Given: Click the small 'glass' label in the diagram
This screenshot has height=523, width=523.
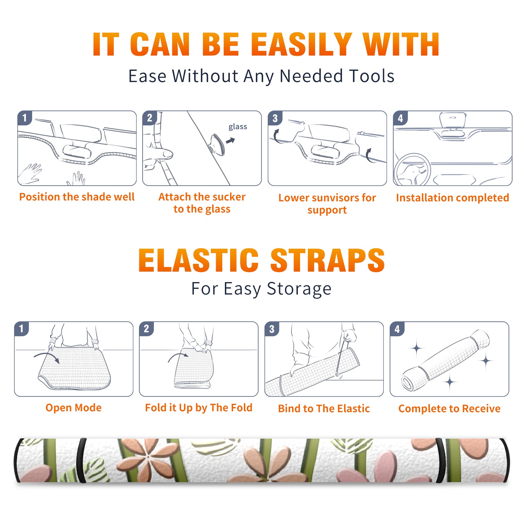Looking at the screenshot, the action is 238,127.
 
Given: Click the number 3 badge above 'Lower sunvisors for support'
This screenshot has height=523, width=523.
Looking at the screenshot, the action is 275,118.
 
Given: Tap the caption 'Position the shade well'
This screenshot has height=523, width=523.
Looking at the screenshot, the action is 77,197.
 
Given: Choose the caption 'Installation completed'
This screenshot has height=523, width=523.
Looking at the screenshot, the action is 452,198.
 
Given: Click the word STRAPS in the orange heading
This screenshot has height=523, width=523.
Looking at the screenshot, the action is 328,260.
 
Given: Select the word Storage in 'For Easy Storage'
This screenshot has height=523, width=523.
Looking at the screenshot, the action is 299,289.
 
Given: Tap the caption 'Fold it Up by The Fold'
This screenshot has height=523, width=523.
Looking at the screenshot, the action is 199,408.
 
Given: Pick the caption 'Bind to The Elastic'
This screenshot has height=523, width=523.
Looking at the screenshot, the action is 324,409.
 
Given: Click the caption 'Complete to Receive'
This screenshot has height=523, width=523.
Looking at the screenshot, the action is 449,409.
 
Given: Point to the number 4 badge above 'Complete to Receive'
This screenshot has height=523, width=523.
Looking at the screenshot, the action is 397,329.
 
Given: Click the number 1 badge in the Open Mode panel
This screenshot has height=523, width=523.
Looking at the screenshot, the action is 22,329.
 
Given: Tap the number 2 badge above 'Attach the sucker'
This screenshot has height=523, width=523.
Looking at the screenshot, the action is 150,118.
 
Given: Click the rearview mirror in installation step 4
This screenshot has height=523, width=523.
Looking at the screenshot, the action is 453,120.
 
